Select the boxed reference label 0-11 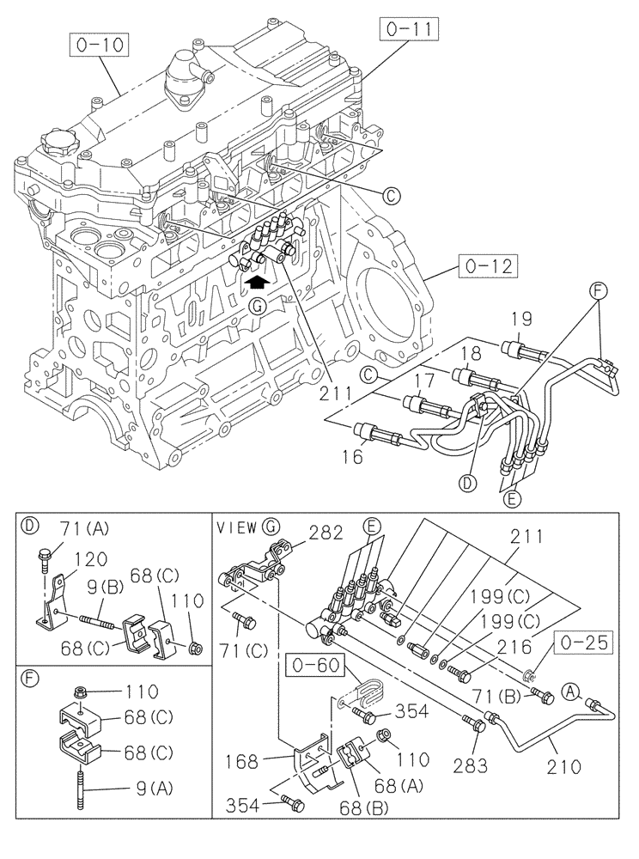(x=405, y=34)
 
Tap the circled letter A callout (x=569, y=688)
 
